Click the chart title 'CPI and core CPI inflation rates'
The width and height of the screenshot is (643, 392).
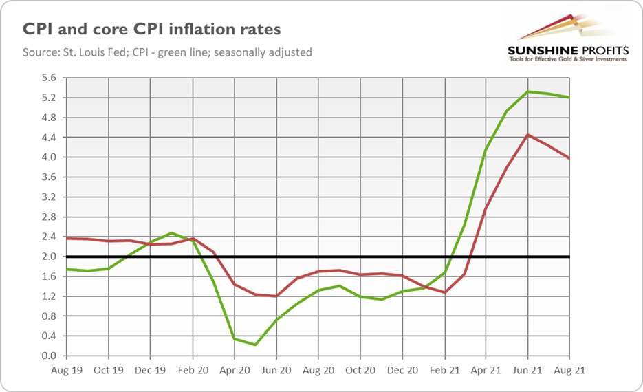[x=152, y=30]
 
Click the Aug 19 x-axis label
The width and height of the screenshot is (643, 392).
[x=66, y=369]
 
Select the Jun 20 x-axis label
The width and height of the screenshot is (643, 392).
[x=276, y=369]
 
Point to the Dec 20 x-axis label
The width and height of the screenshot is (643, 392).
[x=402, y=369]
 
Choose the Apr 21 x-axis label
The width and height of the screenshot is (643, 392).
[x=486, y=369]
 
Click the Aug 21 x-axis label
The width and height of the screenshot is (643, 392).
[x=569, y=369]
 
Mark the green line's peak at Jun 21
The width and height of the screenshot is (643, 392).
[x=527, y=91]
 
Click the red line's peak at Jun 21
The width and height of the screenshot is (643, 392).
[x=527, y=135]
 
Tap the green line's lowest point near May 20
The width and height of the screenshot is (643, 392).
[x=255, y=345]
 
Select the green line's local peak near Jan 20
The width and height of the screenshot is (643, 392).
[x=171, y=233]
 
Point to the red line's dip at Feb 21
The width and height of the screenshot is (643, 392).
[x=444, y=292]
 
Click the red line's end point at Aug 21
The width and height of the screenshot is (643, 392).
[x=569, y=158]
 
